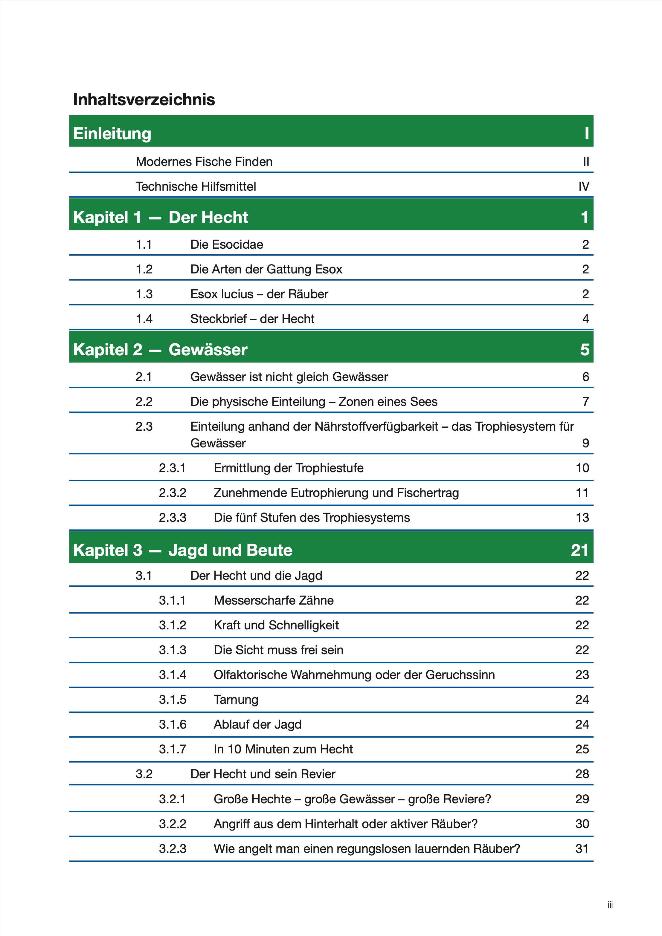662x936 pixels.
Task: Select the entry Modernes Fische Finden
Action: pyautogui.click(x=204, y=162)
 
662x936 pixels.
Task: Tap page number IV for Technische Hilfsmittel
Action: pyautogui.click(x=584, y=187)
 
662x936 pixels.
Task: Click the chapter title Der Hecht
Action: pyautogui.click(x=208, y=217)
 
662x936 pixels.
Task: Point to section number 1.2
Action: pyautogui.click(x=144, y=270)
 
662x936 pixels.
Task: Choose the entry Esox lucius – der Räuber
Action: pyautogui.click(x=259, y=294)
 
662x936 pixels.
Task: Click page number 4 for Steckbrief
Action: pyautogui.click(x=585, y=319)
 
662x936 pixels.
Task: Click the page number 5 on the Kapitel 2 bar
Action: pyautogui.click(x=585, y=350)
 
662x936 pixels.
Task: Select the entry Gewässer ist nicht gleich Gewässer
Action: pyautogui.click(x=289, y=377)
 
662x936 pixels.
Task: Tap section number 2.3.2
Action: pyautogui.click(x=172, y=493)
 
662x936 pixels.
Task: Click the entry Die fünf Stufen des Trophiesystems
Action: pyautogui.click(x=312, y=518)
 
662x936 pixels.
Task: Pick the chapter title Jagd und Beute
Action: pyautogui.click(x=231, y=550)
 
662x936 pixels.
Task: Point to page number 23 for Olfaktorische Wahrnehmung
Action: pyautogui.click(x=582, y=675)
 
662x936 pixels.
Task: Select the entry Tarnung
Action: pyautogui.click(x=236, y=700)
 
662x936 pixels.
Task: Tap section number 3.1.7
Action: pyautogui.click(x=172, y=749)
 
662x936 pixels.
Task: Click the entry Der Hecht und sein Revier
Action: pyautogui.click(x=263, y=774)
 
